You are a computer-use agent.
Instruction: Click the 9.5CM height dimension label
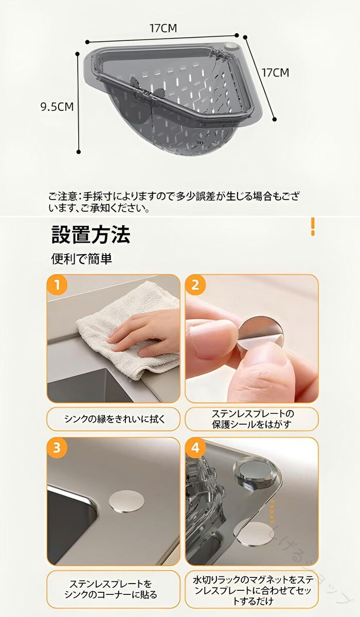click(x=57, y=106)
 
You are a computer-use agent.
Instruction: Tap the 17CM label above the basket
click(x=163, y=28)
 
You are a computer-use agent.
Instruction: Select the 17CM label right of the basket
click(x=275, y=72)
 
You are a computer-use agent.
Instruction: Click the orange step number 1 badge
click(x=57, y=285)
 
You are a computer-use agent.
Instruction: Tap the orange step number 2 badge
click(x=195, y=285)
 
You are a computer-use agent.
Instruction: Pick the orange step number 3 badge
click(x=57, y=448)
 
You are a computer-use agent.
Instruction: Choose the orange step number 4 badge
click(x=195, y=448)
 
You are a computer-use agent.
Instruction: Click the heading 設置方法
click(x=91, y=234)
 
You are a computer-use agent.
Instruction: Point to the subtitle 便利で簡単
click(x=82, y=259)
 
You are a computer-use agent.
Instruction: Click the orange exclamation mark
click(x=313, y=227)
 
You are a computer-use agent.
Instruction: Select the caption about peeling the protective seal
click(x=252, y=419)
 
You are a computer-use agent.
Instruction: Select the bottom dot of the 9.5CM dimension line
click(x=79, y=152)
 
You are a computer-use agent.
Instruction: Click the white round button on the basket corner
click(x=229, y=46)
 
